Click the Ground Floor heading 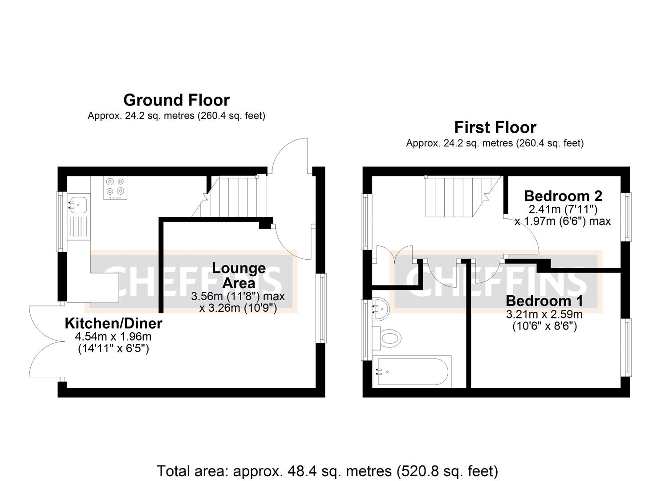176,100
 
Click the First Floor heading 495,127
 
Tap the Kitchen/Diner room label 114,323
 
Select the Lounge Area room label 239,275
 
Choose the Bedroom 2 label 563,196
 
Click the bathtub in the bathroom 412,371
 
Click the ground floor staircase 236,197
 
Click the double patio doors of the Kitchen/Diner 45,342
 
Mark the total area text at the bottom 327,471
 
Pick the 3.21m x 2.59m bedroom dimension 544,314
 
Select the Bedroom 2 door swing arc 525,236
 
